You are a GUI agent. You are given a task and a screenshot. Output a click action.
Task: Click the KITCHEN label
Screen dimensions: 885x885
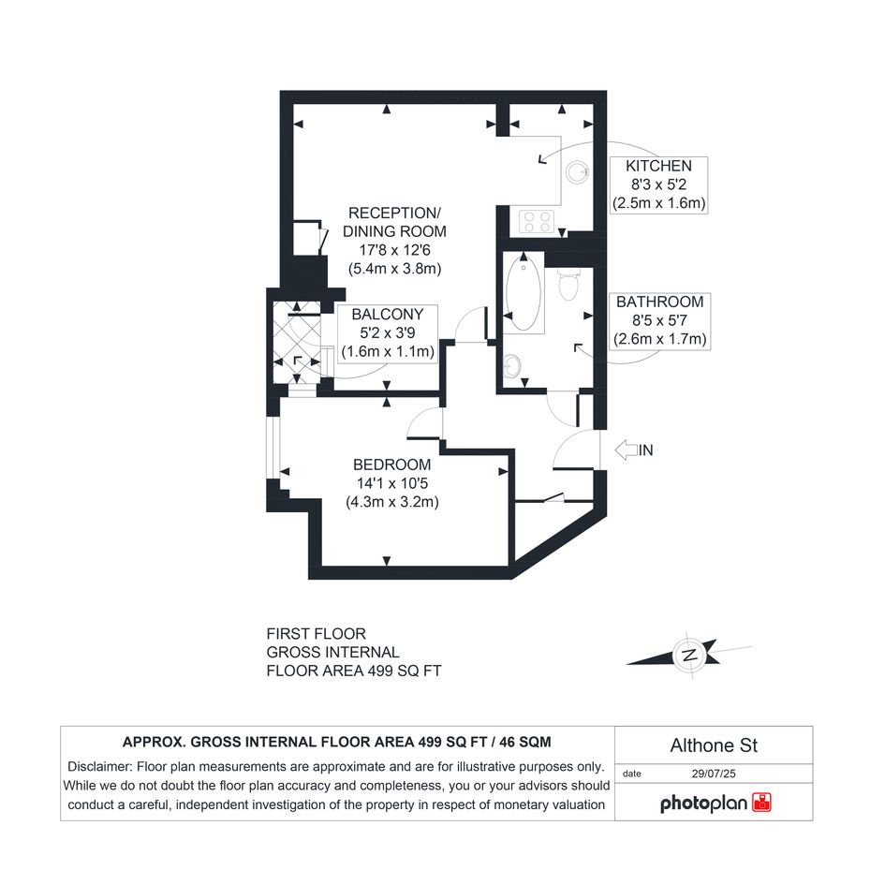pos(658,166)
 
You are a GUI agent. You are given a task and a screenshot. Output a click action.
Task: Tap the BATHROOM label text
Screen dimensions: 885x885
pos(659,302)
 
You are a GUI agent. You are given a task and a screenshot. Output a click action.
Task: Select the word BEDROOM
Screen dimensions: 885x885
pos(391,465)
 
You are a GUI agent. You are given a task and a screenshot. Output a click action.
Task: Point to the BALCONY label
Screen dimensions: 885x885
pos(387,315)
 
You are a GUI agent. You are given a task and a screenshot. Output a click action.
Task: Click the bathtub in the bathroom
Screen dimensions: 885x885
pos(524,292)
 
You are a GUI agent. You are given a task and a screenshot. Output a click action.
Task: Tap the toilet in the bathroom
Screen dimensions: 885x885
pos(568,285)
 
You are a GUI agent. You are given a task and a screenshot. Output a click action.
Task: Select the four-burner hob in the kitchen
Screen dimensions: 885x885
pos(537,221)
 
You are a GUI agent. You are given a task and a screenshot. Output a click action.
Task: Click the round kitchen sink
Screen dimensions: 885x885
pos(578,172)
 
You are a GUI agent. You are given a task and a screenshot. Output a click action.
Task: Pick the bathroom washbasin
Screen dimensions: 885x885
pos(511,366)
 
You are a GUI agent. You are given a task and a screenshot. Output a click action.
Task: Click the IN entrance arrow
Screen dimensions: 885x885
pos(626,450)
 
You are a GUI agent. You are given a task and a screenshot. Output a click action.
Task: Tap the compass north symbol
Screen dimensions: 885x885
pos(689,656)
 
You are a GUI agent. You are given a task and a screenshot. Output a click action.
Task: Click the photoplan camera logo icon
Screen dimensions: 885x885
pos(762,802)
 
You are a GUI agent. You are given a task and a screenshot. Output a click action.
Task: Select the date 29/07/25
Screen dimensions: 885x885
pos(714,774)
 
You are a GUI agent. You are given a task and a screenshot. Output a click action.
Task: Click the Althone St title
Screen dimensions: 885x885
pos(714,745)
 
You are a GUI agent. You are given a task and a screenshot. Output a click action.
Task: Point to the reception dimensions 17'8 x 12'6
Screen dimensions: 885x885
pos(394,250)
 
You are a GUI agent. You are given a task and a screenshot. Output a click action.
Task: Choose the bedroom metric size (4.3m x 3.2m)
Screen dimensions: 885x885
pos(392,502)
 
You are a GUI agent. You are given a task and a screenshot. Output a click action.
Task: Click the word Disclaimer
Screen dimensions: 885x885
pos(99,766)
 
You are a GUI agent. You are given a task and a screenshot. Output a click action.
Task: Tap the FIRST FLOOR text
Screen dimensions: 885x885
pos(317,634)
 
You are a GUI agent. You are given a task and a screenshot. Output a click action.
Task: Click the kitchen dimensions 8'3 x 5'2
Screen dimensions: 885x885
pos(658,184)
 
